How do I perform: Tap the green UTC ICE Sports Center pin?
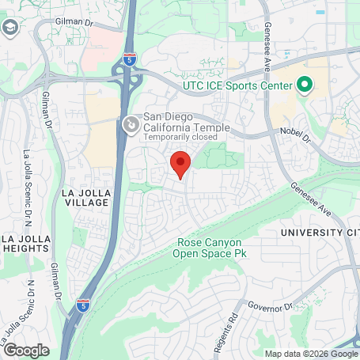click(305, 85)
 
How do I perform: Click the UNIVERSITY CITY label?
click(321, 233)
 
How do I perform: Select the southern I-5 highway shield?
click(83, 305)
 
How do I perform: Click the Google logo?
click(25, 350)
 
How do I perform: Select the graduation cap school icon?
click(10, 29)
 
